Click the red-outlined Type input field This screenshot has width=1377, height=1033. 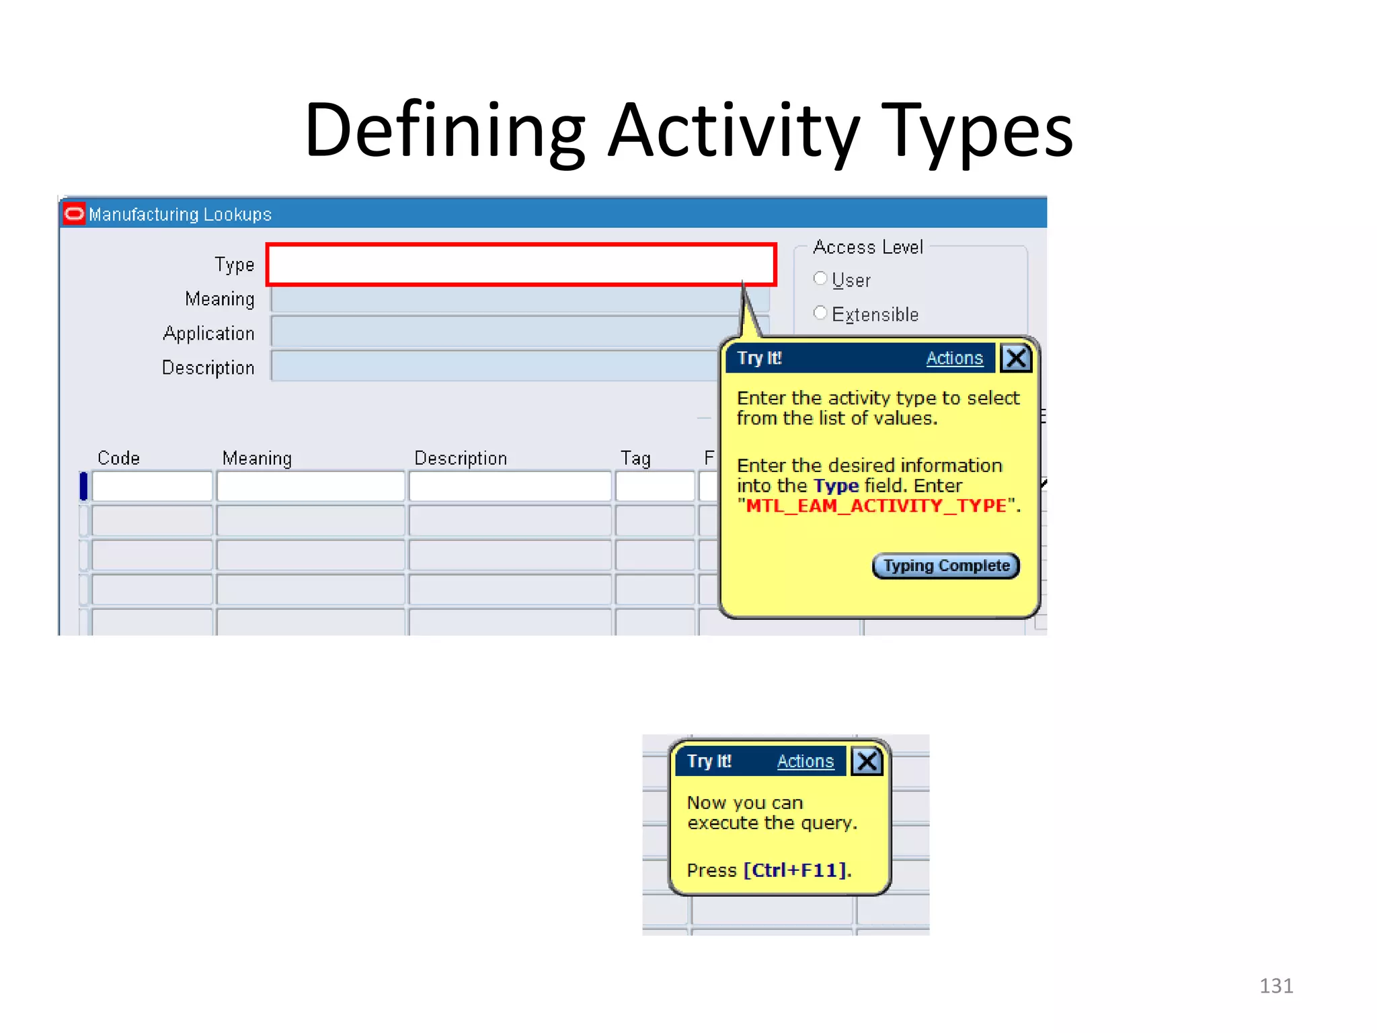[x=521, y=265]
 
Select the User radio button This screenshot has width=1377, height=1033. [x=820, y=278]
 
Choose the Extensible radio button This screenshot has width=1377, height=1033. [x=820, y=313]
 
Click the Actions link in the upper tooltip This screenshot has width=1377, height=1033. [x=954, y=358]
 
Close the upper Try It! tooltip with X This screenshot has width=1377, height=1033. [x=1015, y=358]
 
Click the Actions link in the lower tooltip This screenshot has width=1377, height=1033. [x=805, y=761]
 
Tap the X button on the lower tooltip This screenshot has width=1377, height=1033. [x=867, y=761]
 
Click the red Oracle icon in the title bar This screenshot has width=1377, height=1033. [x=74, y=214]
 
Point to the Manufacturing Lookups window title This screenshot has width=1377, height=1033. [x=180, y=215]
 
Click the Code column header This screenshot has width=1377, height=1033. [x=118, y=458]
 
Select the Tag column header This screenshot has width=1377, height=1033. [x=635, y=459]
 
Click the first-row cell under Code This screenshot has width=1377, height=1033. [x=152, y=486]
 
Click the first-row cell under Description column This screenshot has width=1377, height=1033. [x=510, y=486]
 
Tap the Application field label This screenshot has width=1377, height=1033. [x=208, y=334]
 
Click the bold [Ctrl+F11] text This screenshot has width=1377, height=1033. [x=795, y=870]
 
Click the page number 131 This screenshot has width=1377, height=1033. [x=1275, y=986]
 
